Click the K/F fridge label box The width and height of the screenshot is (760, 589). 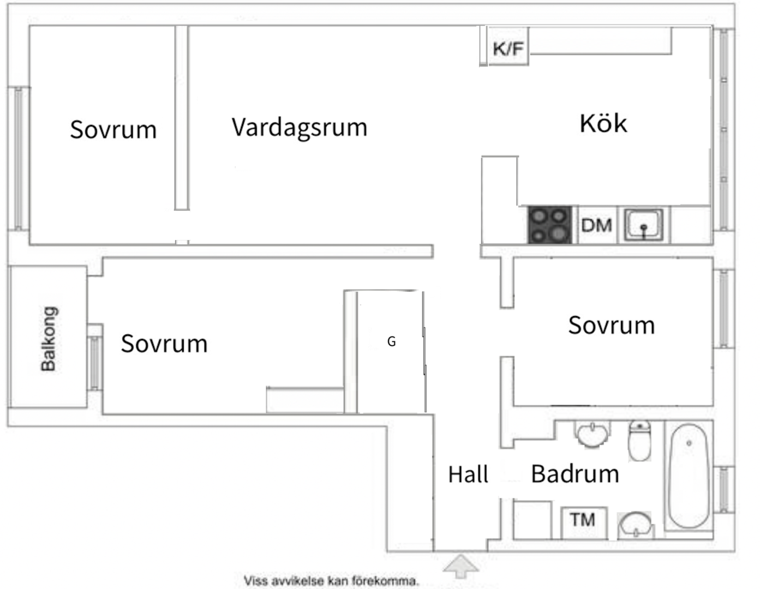pos(508,49)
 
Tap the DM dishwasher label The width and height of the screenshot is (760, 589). pos(596,225)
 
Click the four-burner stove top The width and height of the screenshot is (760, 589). pos(549,225)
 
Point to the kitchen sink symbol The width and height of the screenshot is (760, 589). pos(644,224)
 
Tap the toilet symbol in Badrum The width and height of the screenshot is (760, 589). pos(639,440)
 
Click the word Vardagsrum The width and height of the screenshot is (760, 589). pos(299,128)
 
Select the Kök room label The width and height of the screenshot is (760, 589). pos(603,123)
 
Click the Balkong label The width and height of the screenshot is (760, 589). pos(49,338)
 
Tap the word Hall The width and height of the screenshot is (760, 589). pos(468,474)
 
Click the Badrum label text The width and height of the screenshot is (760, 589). pos(575,473)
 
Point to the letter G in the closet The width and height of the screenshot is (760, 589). pos(391,341)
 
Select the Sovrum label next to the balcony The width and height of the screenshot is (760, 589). pos(164,344)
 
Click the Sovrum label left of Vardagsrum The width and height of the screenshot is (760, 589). pos(113,130)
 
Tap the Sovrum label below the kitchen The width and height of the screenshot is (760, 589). pos(611,325)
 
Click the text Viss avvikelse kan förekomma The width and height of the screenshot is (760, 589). pos(331,581)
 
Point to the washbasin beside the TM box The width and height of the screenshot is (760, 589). pos(635,525)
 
